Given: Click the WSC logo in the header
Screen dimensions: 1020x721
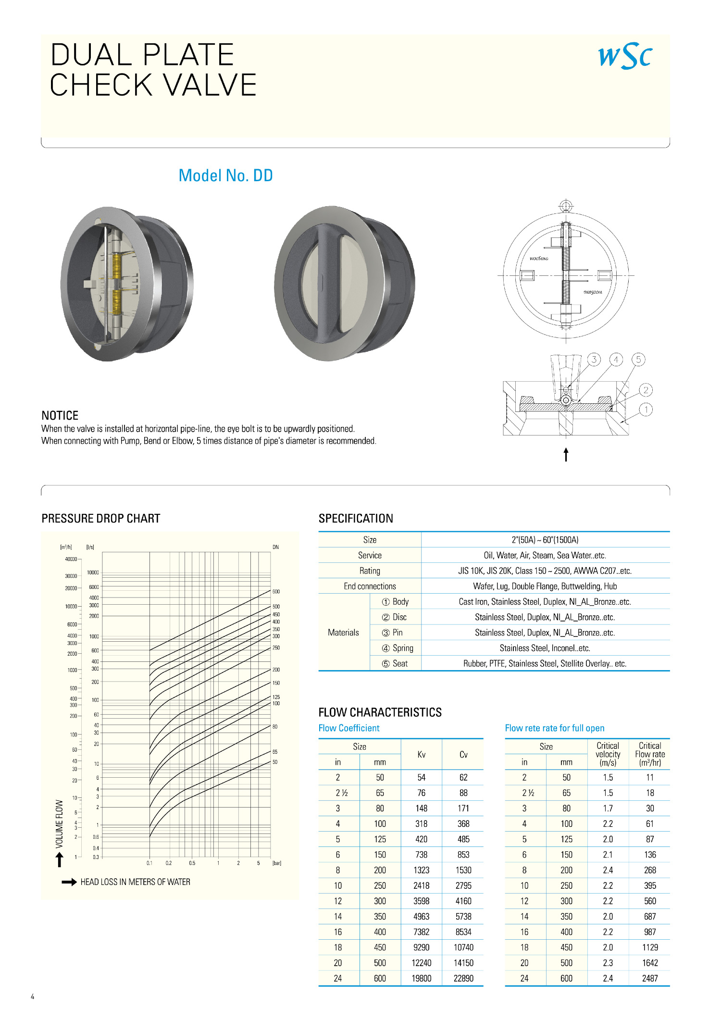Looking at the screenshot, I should point(625,56).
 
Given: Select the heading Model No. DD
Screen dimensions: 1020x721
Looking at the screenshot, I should point(225,176).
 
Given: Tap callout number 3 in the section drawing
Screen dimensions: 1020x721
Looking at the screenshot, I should point(594,360).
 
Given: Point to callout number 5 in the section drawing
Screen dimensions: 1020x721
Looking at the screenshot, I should point(638,360).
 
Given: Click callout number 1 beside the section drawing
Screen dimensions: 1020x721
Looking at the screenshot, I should point(646,410).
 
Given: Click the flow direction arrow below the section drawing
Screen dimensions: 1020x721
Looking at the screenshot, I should point(566,454).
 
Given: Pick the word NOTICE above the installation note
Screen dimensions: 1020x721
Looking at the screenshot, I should point(60,416).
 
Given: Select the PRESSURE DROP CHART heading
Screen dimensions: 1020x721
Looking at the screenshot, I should point(101,519).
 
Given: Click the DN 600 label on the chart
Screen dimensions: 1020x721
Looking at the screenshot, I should point(276,592).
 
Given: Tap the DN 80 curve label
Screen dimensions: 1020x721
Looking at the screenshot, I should point(275,727).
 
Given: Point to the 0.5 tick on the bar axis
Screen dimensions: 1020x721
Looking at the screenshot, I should point(192,863).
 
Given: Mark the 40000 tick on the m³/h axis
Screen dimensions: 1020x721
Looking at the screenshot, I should point(71,559).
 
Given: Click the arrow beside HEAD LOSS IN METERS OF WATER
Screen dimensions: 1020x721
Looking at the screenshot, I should point(69,882).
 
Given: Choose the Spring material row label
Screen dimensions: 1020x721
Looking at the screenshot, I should point(398,648).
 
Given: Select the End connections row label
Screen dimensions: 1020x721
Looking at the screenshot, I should point(370,586).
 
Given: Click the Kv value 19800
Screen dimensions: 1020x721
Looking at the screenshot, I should point(422,978).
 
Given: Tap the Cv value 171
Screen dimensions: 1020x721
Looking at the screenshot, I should point(463,809).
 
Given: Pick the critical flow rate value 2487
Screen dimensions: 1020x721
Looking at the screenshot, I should point(650,978).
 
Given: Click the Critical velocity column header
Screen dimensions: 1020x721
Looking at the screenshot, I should point(608,754).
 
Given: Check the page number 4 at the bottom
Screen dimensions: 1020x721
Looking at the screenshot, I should point(33,997).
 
